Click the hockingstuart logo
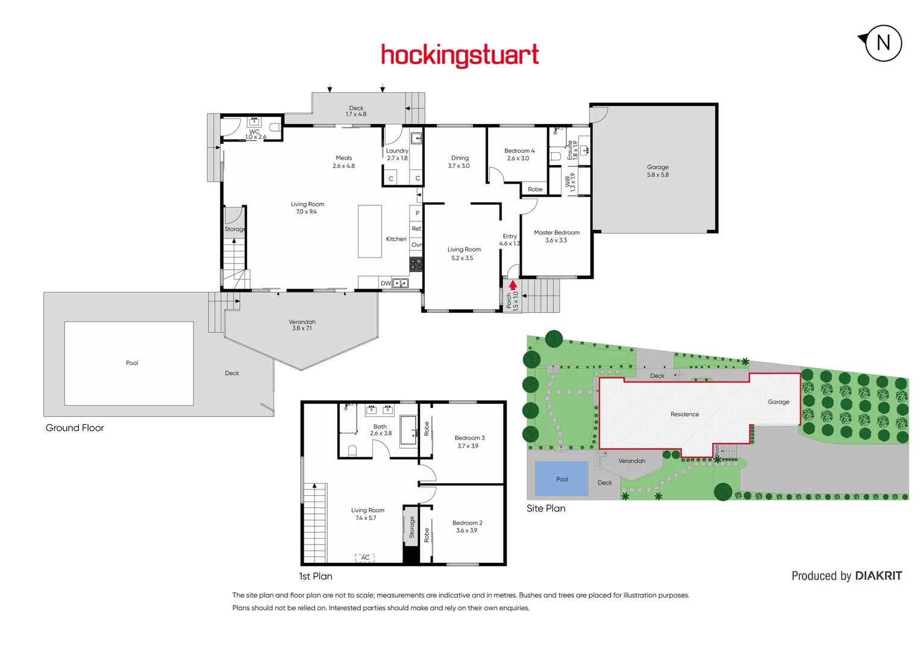[460, 55]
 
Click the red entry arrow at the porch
[513, 285]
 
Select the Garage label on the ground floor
[657, 167]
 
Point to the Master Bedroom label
[556, 232]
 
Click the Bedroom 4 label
[519, 151]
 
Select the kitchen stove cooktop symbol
[416, 264]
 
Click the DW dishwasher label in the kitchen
[386, 283]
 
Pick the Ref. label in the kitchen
[416, 229]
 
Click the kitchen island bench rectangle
[369, 231]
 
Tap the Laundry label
[397, 151]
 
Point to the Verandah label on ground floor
[302, 322]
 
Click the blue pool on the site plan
[562, 479]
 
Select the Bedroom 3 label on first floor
[469, 438]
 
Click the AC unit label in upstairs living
[365, 558]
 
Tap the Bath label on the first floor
[380, 427]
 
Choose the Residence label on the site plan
[684, 414]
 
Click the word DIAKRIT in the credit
[878, 576]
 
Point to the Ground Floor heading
[75, 428]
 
